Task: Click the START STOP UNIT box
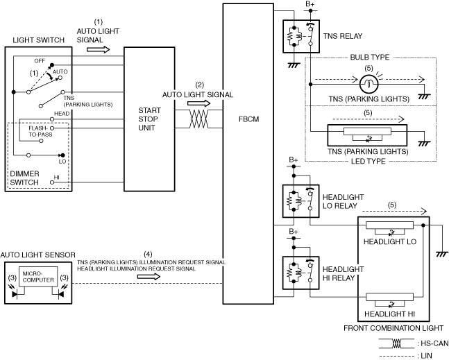149,119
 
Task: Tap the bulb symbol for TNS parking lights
368,84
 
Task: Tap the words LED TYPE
368,160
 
